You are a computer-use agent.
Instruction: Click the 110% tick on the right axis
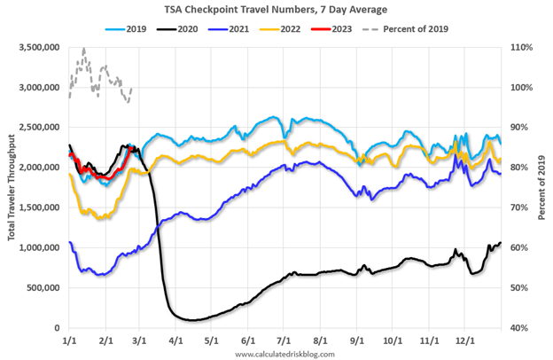click(520, 47)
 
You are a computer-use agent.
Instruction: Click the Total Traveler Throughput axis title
click(10, 187)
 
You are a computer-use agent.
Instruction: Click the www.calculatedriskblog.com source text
click(286, 354)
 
